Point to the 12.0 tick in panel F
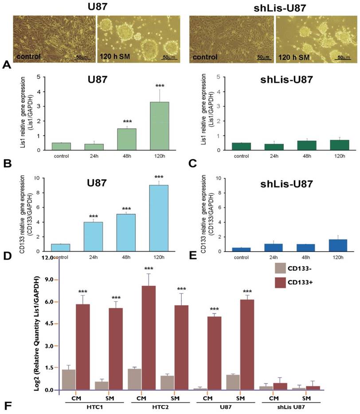47,258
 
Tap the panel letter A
6,65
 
